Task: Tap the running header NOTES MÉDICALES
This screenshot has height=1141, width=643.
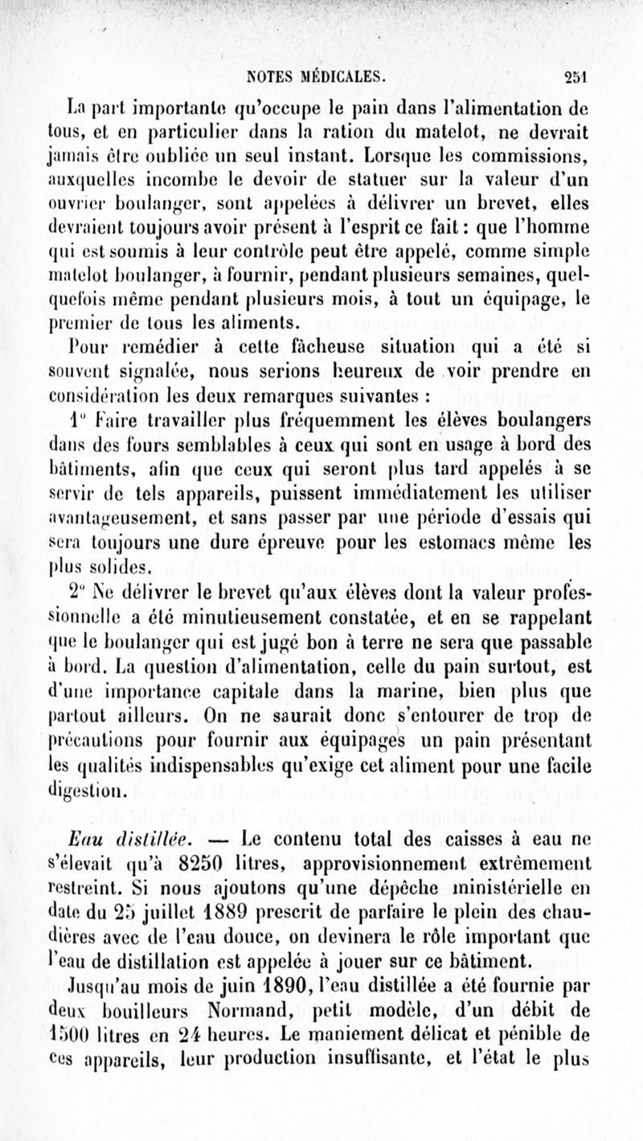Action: click(318, 78)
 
